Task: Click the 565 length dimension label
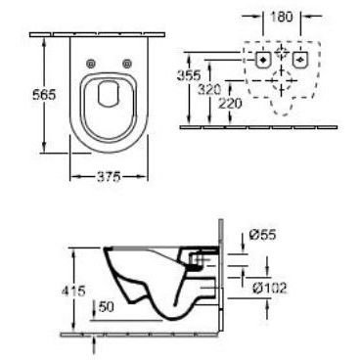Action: pyautogui.click(x=45, y=95)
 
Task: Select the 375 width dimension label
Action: pyautogui.click(x=109, y=177)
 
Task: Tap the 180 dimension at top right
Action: pyautogui.click(x=282, y=17)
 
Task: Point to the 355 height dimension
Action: pyautogui.click(x=189, y=75)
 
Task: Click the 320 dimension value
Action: pyautogui.click(x=209, y=89)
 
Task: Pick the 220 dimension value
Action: pyautogui.click(x=230, y=104)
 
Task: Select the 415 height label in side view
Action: pyautogui.click(x=73, y=291)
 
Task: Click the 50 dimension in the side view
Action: pyautogui.click(x=106, y=306)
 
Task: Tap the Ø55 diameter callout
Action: pyautogui.click(x=263, y=235)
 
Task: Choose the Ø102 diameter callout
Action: pyautogui.click(x=270, y=288)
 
